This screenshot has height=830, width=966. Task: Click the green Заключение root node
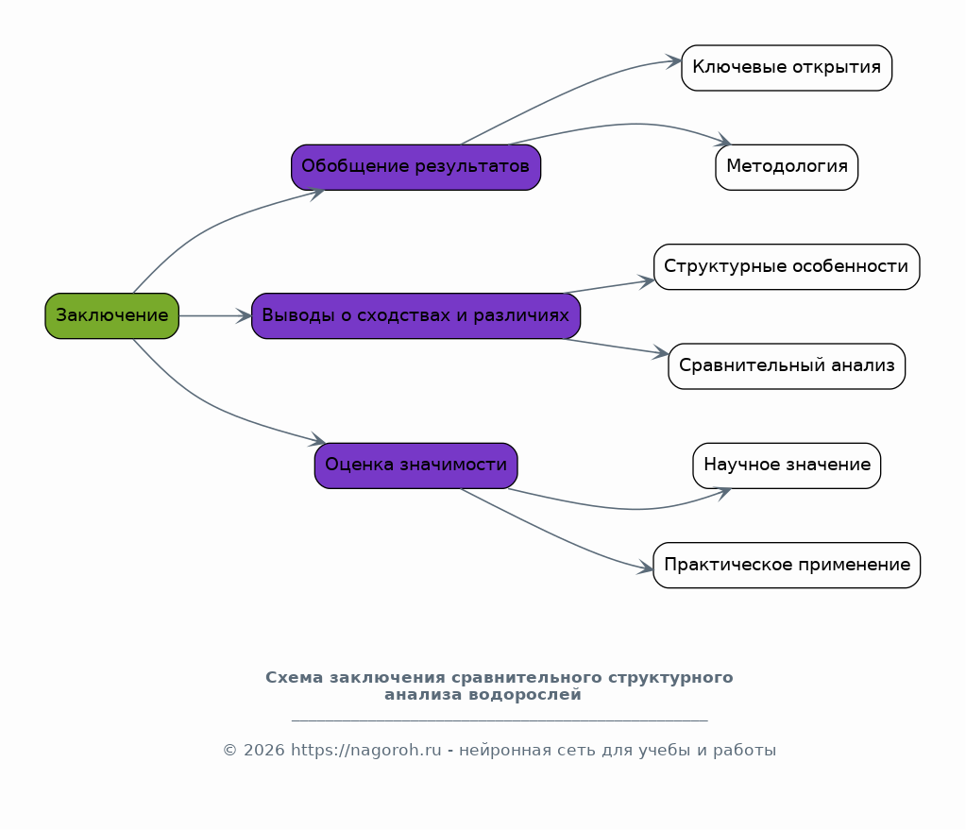tap(112, 315)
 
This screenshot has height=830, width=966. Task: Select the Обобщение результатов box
tap(415, 167)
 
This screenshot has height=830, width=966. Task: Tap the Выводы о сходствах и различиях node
tap(415, 315)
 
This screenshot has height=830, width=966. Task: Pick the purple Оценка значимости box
tap(415, 466)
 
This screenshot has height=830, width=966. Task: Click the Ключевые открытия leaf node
tap(787, 68)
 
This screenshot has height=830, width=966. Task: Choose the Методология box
tap(787, 167)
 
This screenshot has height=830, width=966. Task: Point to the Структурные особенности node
tap(787, 267)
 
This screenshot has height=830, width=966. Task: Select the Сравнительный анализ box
tap(787, 366)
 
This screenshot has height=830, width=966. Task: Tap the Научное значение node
tap(787, 466)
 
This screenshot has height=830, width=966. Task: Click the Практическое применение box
tap(787, 565)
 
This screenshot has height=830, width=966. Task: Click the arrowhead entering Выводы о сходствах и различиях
tap(244, 316)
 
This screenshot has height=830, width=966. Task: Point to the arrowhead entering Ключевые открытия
tap(674, 61)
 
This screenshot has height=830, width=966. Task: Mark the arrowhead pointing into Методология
tap(722, 141)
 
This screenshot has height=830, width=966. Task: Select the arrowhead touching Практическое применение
tap(646, 568)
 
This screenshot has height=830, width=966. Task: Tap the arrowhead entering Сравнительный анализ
tap(661, 353)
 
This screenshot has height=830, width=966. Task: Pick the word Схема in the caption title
tap(294, 678)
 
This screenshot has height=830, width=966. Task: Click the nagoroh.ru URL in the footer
tap(366, 751)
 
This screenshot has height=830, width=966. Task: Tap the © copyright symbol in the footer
tap(229, 751)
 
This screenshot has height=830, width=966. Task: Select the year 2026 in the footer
tap(263, 751)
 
